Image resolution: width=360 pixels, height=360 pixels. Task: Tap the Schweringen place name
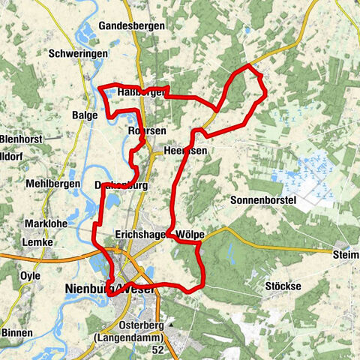75,54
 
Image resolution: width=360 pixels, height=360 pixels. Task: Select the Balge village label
85,115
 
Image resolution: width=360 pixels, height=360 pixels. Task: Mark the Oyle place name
31,275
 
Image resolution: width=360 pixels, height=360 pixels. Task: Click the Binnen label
16,332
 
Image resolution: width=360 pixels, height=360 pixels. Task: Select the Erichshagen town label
142,234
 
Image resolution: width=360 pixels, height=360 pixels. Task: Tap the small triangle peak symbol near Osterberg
172,325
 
